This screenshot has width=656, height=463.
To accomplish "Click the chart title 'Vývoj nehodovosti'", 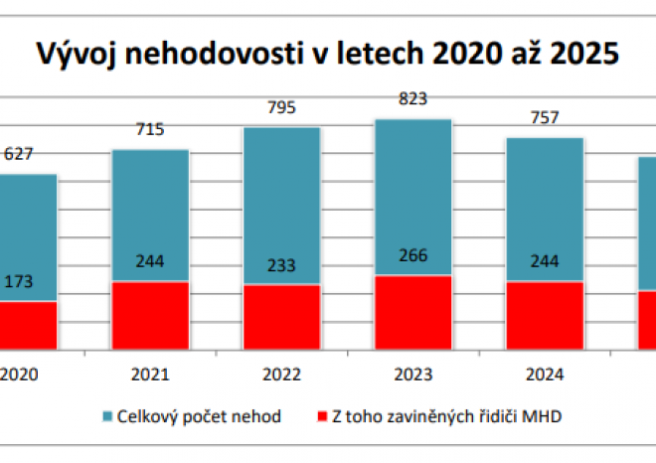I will point(327,52).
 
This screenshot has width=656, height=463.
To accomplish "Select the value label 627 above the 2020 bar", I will point(18,154).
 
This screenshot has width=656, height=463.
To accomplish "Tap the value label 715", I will point(150,129).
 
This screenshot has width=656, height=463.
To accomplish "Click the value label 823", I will point(412,98).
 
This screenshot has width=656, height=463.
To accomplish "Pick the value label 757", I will point(544,117).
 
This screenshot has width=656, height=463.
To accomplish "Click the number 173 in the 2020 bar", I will point(18,282).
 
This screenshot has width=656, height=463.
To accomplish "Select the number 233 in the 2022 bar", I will point(281,265).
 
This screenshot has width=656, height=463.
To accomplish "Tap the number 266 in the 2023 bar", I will point(412,256).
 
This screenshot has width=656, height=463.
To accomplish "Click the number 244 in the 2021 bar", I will point(150,262).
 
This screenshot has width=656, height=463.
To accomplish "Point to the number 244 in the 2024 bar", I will point(544,262).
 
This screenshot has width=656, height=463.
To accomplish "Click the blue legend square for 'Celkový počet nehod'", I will point(106,416).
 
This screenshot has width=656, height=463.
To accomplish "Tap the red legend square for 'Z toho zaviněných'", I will point(322,416).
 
